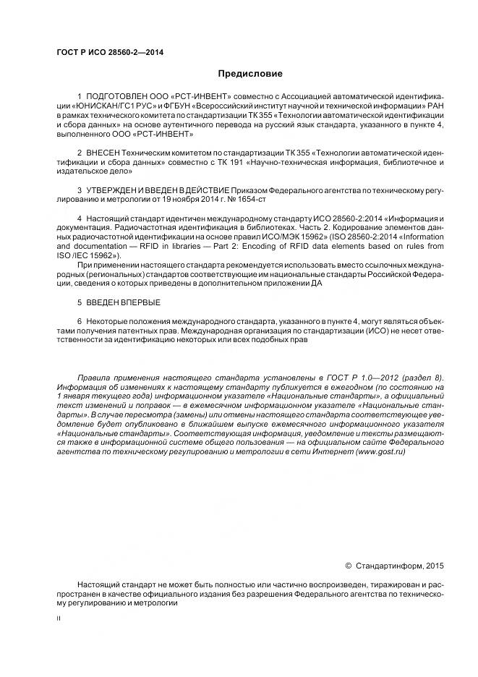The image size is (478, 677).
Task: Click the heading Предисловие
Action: coord(250,73)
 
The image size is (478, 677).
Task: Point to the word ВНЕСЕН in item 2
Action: coord(103,154)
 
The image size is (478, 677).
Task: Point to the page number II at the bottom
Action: coord(59,619)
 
